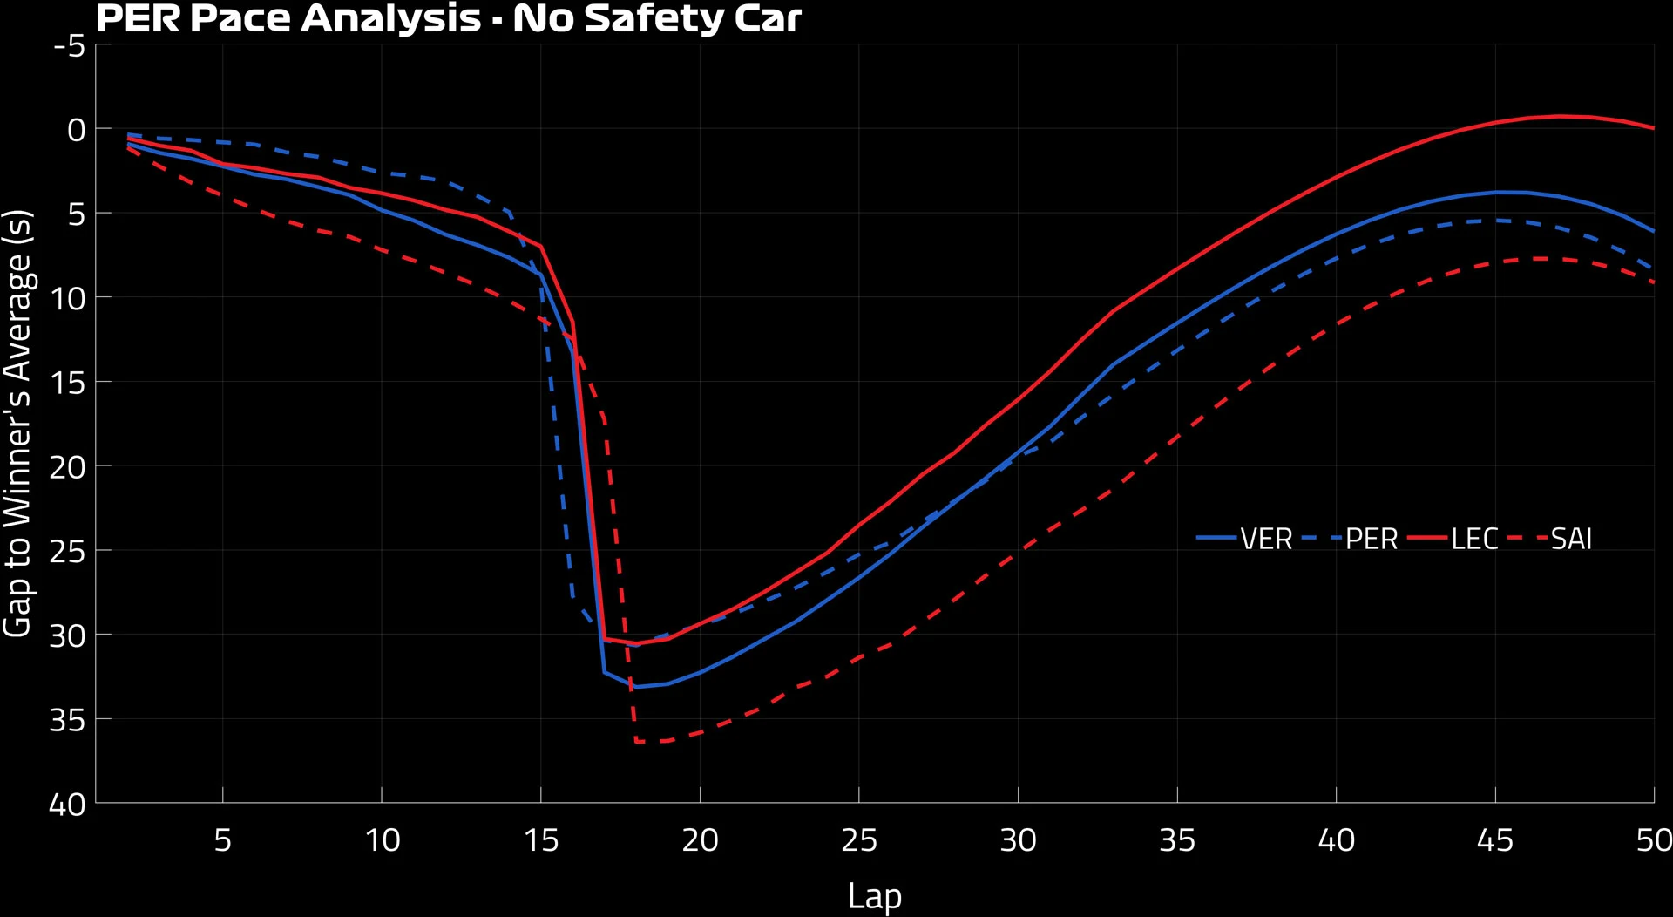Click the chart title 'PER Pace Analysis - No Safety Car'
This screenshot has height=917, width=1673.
coord(448,18)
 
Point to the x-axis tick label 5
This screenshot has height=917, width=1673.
coord(223,840)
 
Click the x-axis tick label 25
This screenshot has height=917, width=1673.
coord(859,840)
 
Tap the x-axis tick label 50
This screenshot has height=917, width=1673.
coord(1653,840)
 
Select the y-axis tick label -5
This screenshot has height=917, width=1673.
coord(70,45)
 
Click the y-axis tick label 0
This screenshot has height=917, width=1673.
coord(77,130)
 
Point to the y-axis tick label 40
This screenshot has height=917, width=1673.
coord(67,804)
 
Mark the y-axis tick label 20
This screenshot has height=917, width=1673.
coord(67,467)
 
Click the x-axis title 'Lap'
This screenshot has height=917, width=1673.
coord(875,896)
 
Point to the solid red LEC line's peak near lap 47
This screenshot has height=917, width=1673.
coord(1560,116)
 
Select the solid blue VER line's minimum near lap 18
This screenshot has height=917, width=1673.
coord(636,687)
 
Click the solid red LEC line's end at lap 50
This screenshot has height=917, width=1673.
coord(1653,128)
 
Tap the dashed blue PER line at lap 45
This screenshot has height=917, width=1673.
coord(1495,221)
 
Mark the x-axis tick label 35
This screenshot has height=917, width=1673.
coord(1177,840)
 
